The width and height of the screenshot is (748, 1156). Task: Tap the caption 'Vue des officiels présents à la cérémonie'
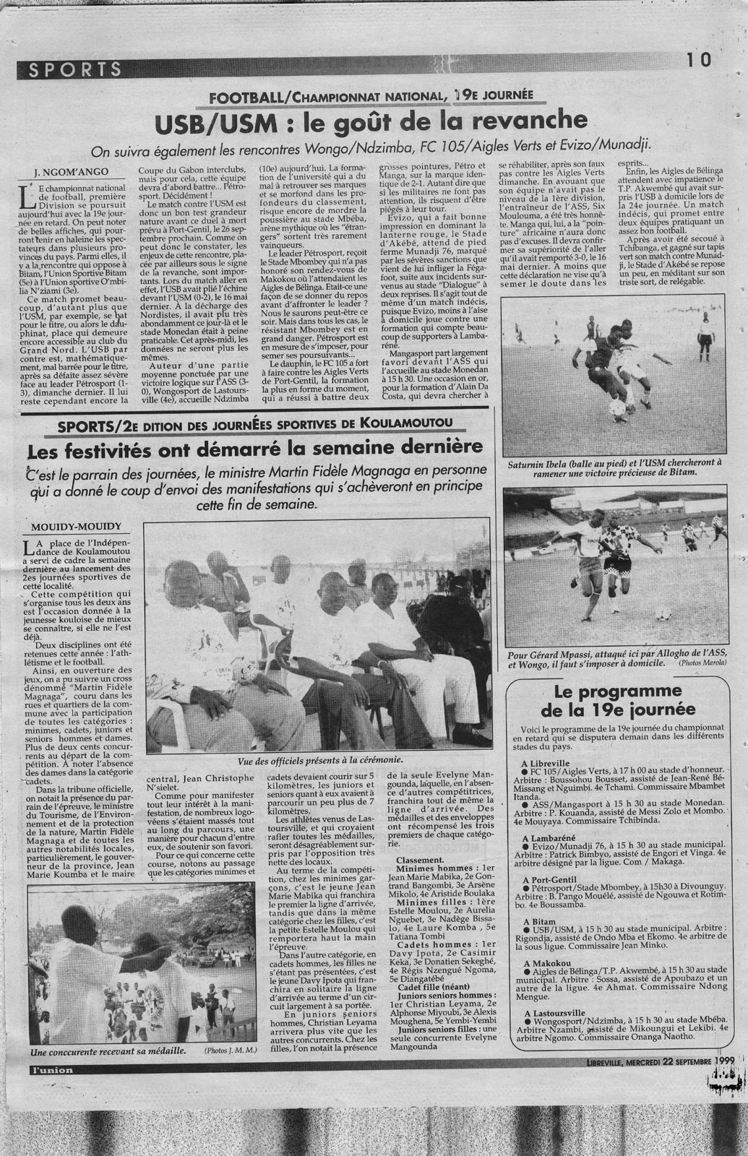point(319,761)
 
